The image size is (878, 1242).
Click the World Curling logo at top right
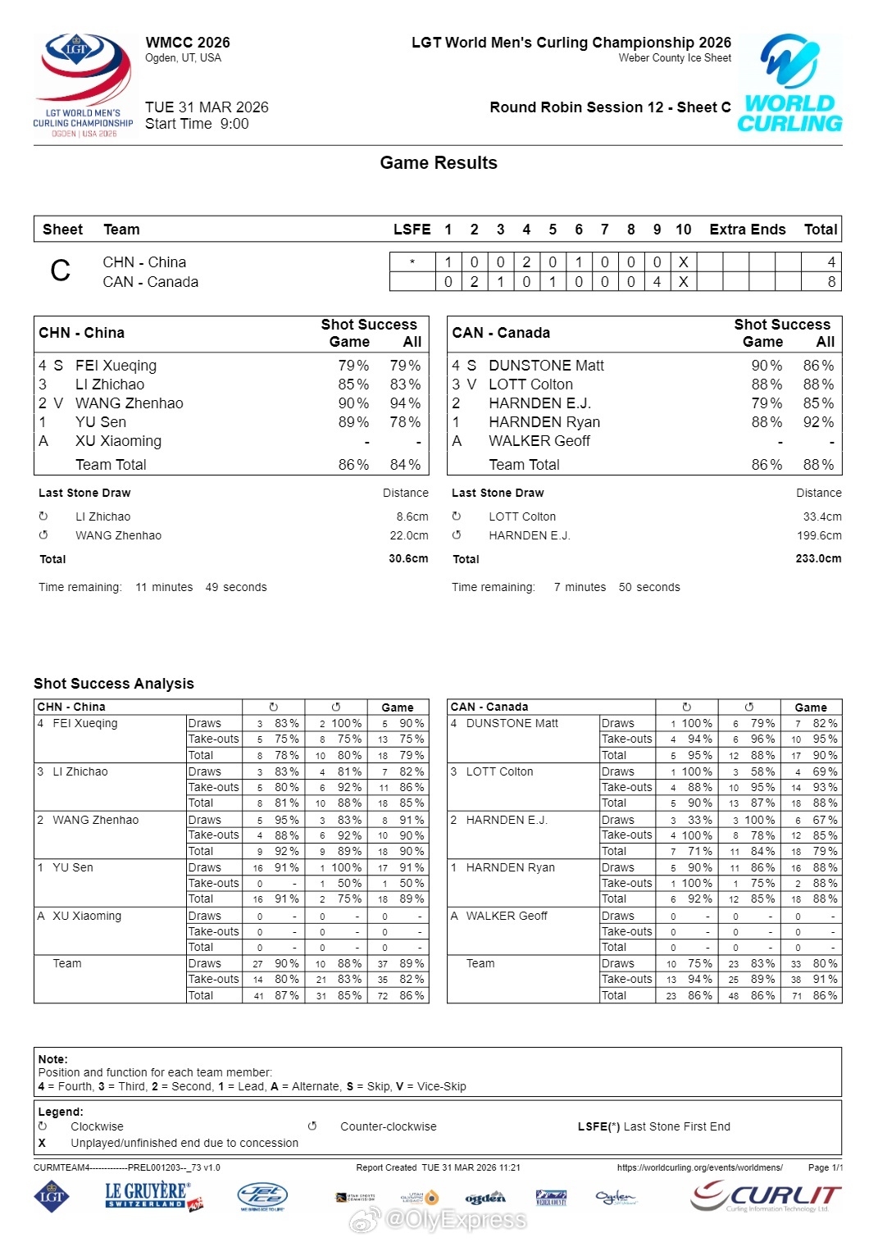pos(789,84)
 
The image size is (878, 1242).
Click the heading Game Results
pos(439,163)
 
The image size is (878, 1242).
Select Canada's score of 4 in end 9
pos(657,282)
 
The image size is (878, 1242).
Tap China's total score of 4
pos(830,262)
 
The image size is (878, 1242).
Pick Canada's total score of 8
pos(830,282)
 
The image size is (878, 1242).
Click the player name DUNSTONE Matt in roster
pos(546,366)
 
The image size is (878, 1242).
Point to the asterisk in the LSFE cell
pos(412,262)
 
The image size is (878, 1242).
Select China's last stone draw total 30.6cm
pos(408,559)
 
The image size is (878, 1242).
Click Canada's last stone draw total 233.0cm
pos(818,559)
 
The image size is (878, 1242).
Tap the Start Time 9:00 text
pos(197,125)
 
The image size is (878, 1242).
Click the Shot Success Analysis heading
pos(114,684)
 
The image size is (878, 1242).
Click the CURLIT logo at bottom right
pos(766,1197)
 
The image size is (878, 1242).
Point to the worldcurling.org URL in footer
pos(699,1167)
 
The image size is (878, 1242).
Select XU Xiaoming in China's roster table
pos(118,441)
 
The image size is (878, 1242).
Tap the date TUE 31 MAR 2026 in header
pos(207,107)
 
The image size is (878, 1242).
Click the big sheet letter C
pos(61,271)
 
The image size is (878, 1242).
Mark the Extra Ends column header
pos(747,230)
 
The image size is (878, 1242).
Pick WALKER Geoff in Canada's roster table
pos(539,441)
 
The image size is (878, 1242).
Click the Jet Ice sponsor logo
pos(262,1197)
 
